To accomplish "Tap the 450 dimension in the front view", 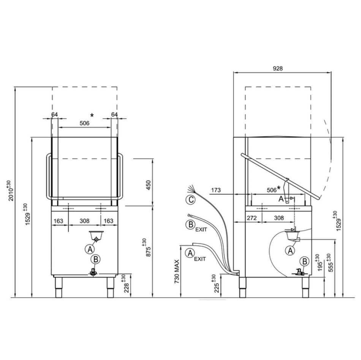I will pyautogui.click(x=149, y=185).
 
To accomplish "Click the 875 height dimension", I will pyautogui.click(x=149, y=248).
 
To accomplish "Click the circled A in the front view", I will pyautogui.click(x=90, y=249).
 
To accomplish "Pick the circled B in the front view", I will pyautogui.click(x=96, y=259).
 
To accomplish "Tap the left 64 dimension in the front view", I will pyautogui.click(x=54, y=114).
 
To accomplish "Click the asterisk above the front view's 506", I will pyautogui.click(x=92, y=115).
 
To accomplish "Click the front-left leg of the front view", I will pyautogui.click(x=59, y=287).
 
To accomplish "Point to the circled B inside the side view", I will pyautogui.click(x=304, y=261).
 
